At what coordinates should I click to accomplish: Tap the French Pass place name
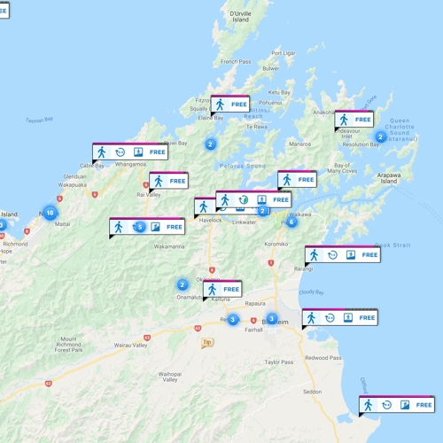click(x=237, y=61)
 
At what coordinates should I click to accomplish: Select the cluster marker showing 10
click(x=50, y=213)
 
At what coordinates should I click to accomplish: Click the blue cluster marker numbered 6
click(x=291, y=222)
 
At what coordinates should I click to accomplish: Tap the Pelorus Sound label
click(x=245, y=166)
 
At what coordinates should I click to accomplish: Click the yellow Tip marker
click(x=207, y=342)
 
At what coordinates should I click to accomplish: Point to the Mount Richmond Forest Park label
click(x=74, y=345)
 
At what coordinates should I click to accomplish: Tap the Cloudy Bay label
click(x=312, y=291)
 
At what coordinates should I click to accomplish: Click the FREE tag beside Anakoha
click(x=362, y=120)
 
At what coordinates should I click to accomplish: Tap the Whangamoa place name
click(x=130, y=164)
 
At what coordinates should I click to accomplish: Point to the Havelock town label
click(x=210, y=220)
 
